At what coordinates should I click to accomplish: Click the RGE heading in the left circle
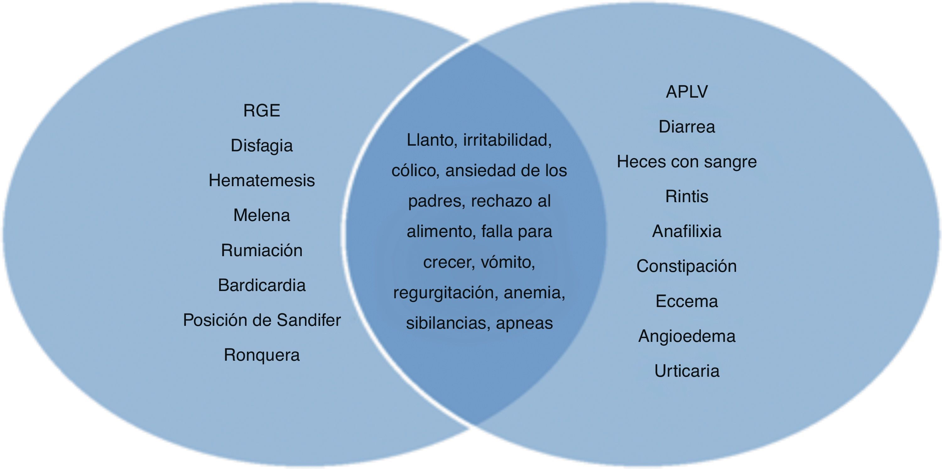pyautogui.click(x=262, y=111)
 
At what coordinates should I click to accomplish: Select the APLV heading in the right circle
pyautogui.click(x=687, y=91)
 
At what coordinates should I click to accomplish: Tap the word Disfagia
pyautogui.click(x=262, y=145)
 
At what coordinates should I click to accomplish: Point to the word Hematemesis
pyautogui.click(x=262, y=180)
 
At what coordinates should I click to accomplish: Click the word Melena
pyautogui.click(x=262, y=215)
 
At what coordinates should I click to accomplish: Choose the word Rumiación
pyautogui.click(x=262, y=251)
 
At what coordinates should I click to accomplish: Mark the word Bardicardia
pyautogui.click(x=262, y=285)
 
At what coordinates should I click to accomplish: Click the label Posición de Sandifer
pyautogui.click(x=262, y=320)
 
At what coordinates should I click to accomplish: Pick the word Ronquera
pyautogui.click(x=262, y=355)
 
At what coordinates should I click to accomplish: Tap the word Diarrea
pyautogui.click(x=687, y=127)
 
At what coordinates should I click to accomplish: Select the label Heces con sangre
pyautogui.click(x=687, y=162)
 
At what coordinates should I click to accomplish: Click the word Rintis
pyautogui.click(x=687, y=196)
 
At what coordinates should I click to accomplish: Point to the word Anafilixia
pyautogui.click(x=687, y=231)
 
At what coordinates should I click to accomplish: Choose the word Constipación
pyautogui.click(x=687, y=266)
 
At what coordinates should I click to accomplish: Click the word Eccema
pyautogui.click(x=687, y=301)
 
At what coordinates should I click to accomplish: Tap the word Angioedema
pyautogui.click(x=687, y=336)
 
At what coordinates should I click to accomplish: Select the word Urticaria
pyautogui.click(x=687, y=371)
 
